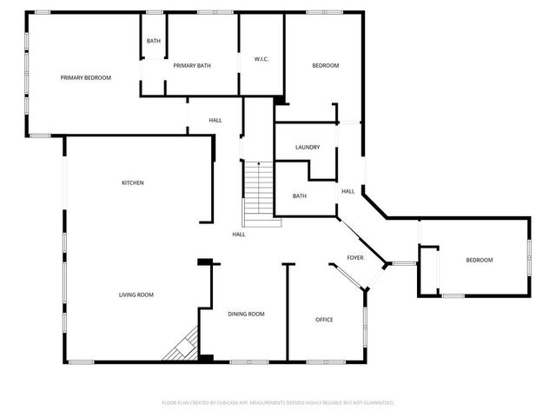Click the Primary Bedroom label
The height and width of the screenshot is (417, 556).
pos(86,78)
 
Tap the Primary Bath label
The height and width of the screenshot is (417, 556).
pos(192,66)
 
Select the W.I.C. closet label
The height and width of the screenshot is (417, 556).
pos(261,59)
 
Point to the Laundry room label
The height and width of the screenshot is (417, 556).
pos(308,148)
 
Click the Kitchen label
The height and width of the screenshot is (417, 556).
pos(133,182)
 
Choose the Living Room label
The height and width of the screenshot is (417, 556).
pos(136,295)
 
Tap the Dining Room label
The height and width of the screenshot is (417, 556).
pos(246,314)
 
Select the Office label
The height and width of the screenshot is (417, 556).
pos(323,320)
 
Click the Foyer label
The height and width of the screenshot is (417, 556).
pos(355,258)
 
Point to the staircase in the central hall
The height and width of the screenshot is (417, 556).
pos(261,193)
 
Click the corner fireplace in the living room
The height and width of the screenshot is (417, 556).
pos(182,348)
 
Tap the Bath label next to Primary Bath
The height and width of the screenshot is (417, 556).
pos(154,41)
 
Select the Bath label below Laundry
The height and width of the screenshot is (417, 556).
pos(299,196)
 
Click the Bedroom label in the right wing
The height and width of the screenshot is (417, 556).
pos(479,261)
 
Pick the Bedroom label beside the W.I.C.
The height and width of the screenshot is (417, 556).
pos(326,66)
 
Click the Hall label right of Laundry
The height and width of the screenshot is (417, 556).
pos(347,191)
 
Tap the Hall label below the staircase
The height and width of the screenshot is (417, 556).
pos(239,235)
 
